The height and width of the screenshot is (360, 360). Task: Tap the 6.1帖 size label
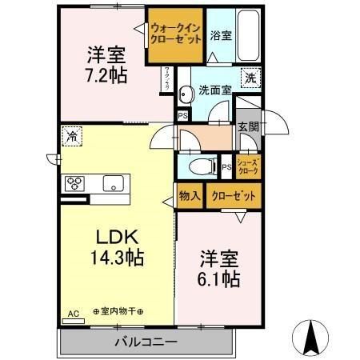pos(218,279)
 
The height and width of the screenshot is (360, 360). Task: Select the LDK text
pos(118,238)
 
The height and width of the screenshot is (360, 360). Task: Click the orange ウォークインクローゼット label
pos(175,35)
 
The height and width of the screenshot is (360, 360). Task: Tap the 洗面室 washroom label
pos(215,90)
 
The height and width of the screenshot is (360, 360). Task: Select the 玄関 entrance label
pos(247,126)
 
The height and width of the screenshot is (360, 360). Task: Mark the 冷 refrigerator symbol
pos(73,138)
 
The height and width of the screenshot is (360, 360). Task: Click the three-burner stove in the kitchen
pos(75,183)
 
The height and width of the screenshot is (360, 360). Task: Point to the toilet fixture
pos(199,166)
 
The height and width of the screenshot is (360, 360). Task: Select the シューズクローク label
pos(248,166)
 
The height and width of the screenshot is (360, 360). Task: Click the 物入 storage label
pos(189,195)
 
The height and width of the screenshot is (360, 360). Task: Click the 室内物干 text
pos(118,310)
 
